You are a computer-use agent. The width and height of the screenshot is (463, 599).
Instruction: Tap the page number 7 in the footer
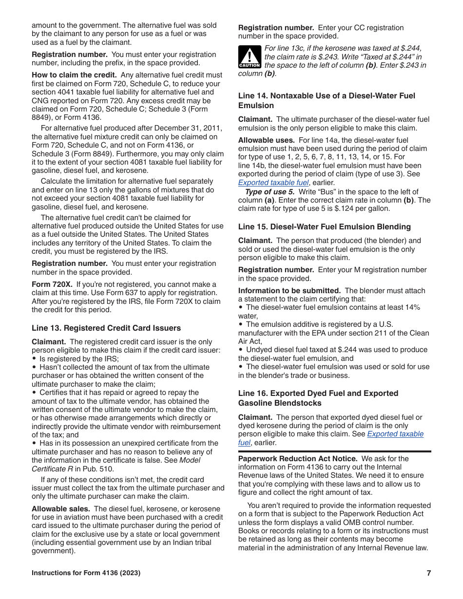(428, 573)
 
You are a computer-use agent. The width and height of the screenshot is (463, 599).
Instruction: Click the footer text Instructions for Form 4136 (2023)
(86, 573)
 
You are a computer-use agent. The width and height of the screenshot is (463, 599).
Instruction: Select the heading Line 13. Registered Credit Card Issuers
(106, 328)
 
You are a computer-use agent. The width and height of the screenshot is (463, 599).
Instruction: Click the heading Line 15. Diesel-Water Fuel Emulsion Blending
(324, 227)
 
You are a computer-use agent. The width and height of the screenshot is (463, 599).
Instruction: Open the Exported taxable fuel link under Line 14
(273, 183)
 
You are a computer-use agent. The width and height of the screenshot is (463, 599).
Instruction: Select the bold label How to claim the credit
(74, 75)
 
